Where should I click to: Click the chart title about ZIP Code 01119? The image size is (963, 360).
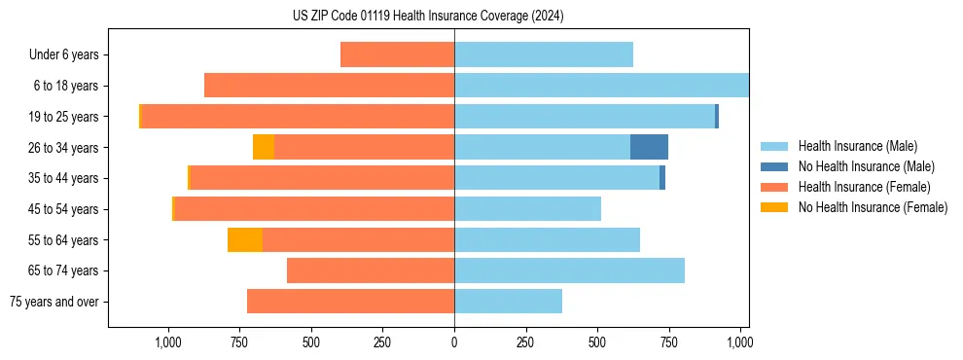pos(428,16)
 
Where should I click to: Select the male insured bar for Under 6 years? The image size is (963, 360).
pos(544,55)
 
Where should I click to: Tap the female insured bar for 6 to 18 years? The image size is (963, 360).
pos(329,86)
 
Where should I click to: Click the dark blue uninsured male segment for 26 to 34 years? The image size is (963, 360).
pos(649,147)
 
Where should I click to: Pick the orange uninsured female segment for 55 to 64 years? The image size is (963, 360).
pos(245,239)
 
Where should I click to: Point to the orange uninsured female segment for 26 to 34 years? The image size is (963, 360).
pos(264,147)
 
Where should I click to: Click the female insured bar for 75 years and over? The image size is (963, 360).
pos(350,302)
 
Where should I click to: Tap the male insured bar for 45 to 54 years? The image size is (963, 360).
pos(527,209)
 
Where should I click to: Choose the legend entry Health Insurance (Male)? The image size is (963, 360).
pos(857,147)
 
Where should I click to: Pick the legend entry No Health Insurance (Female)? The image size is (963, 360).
pos(873,207)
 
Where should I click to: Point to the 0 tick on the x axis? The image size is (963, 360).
pos(454,342)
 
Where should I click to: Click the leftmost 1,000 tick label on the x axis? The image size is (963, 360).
pos(168,342)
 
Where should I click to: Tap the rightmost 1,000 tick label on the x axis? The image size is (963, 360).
pos(739,342)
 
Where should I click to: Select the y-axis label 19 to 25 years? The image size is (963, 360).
pos(64,117)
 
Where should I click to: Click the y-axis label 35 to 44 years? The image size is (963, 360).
pos(64,178)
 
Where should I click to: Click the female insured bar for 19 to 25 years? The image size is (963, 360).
pos(298,117)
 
